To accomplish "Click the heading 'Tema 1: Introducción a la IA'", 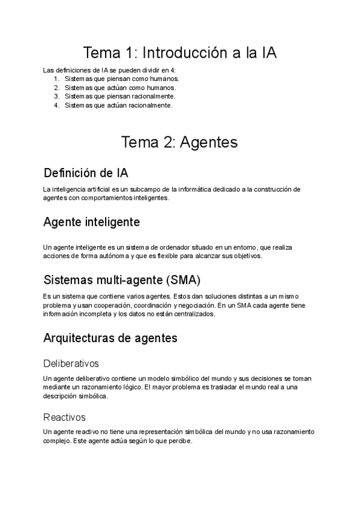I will point(179,53).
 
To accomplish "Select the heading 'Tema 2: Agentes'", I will point(179,142).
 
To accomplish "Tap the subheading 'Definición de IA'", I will point(86,173).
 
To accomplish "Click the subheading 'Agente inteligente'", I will point(92,221).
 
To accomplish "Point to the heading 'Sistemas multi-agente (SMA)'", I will point(122,280).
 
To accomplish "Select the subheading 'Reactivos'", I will point(65,417).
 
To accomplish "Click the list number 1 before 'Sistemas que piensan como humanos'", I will point(56,79).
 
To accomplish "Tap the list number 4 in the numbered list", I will point(56,105).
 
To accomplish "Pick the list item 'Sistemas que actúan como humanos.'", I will point(120,88).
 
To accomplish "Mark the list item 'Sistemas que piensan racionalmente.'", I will point(120,96).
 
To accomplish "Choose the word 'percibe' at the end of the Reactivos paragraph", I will point(179,441).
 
